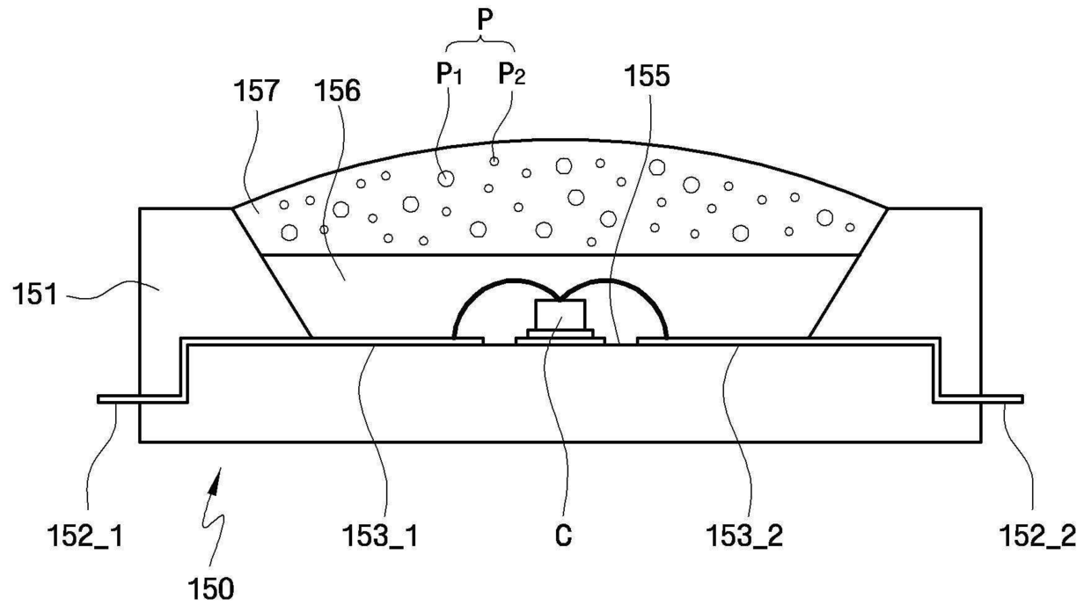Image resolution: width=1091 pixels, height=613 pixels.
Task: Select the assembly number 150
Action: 209,587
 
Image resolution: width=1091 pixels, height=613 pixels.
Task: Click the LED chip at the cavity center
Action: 560,314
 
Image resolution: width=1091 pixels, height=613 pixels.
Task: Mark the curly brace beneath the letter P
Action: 480,43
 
